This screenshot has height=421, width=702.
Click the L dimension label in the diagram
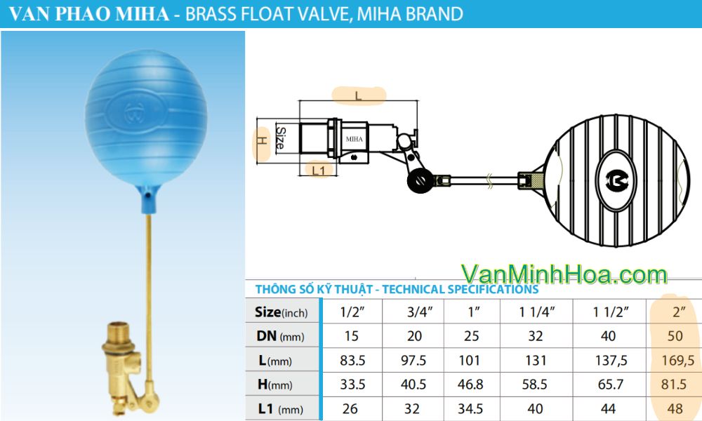coord(359,96)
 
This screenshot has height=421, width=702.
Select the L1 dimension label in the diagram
coord(319,170)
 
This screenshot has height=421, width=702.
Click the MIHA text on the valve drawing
coord(354,139)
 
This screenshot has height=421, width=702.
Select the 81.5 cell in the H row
coord(675,385)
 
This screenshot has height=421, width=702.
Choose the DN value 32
coord(536,336)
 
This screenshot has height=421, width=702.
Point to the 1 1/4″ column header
coord(536,312)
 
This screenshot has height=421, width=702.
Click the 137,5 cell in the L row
coord(609,361)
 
